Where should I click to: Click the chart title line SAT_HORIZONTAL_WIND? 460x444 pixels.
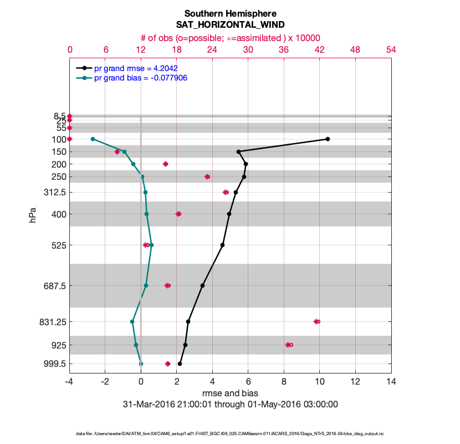pyautogui.click(x=230, y=24)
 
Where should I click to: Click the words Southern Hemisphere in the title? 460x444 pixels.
pyautogui.click(x=230, y=13)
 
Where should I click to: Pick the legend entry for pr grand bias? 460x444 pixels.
pyautogui.click(x=140, y=78)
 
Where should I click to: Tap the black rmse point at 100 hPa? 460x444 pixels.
pyautogui.click(x=328, y=139)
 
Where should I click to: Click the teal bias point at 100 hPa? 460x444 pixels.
pyautogui.click(x=93, y=139)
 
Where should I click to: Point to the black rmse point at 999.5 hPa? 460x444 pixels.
pyautogui.click(x=180, y=364)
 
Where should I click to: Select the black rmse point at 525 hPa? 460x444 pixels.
pyautogui.click(x=222, y=245)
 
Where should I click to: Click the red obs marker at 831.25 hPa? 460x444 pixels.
pyautogui.click(x=316, y=321)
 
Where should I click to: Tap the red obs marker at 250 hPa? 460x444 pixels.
pyautogui.click(x=207, y=176)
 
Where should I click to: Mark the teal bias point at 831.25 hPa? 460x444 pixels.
pyautogui.click(x=132, y=321)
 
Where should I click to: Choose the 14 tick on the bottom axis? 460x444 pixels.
pyautogui.click(x=391, y=382)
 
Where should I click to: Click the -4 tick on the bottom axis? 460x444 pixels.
pyautogui.click(x=69, y=382)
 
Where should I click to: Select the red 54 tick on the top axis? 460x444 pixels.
pyautogui.click(x=391, y=49)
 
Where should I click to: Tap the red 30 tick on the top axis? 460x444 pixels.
pyautogui.click(x=248, y=49)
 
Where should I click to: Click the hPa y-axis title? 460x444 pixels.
pyautogui.click(x=33, y=215)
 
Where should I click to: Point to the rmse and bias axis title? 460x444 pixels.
pyautogui.click(x=230, y=393)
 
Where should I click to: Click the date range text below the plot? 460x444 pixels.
pyautogui.click(x=230, y=404)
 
